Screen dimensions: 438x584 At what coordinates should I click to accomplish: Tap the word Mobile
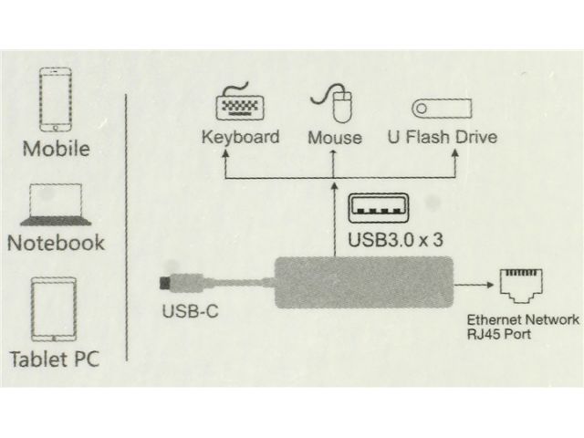[57, 149]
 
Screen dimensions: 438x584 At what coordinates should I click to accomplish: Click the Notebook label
[57, 244]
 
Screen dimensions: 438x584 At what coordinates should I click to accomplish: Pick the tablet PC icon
[56, 310]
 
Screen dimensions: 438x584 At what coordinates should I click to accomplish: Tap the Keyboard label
[240, 139]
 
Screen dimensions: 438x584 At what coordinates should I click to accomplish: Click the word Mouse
[335, 139]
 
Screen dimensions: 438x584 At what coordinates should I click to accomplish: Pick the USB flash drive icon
[442, 109]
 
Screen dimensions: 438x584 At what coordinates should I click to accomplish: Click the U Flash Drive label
[443, 139]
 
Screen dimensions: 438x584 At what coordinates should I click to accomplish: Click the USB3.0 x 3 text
[396, 243]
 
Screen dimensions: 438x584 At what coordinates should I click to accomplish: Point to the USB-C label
[190, 310]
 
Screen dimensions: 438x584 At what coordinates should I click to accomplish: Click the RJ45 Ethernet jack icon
[523, 286]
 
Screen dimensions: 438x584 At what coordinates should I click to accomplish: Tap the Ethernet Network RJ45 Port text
[522, 327]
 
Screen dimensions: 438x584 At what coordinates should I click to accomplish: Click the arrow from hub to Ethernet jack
[473, 284]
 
